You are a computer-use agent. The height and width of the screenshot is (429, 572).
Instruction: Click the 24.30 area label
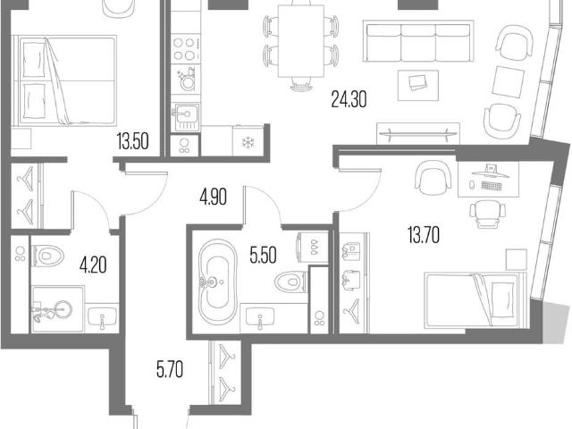tap(349, 99)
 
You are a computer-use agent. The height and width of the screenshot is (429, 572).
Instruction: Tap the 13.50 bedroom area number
tap(133, 141)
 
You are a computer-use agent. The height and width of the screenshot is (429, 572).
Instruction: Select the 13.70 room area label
tap(423, 234)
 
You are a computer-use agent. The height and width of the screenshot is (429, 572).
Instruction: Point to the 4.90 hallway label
tap(213, 197)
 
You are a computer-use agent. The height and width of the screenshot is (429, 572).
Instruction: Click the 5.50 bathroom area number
tap(263, 255)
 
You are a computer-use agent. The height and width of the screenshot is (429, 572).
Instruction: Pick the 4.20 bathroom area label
tap(93, 265)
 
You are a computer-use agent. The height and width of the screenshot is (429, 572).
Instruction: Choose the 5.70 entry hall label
tap(170, 369)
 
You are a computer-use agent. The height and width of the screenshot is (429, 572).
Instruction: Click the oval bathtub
tap(218, 282)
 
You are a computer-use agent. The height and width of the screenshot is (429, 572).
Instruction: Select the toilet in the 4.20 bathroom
tap(47, 256)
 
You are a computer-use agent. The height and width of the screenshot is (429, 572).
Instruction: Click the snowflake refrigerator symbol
tap(248, 143)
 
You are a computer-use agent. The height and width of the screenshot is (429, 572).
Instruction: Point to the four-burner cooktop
tap(185, 49)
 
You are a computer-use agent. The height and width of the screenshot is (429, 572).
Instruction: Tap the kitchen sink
tap(187, 116)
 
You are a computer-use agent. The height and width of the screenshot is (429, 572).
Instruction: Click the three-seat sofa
tap(418, 41)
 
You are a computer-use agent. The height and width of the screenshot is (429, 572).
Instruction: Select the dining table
tap(301, 41)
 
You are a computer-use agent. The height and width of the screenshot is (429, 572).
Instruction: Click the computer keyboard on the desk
tap(492, 186)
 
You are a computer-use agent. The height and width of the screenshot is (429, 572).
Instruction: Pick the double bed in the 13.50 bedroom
tap(64, 80)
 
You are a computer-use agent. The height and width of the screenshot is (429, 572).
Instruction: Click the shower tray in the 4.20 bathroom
tap(58, 309)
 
